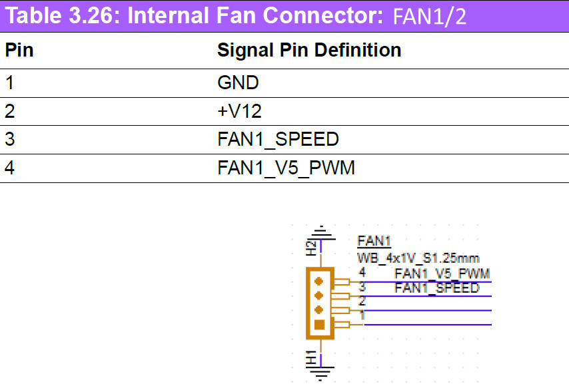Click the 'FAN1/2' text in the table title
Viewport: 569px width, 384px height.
pos(429,16)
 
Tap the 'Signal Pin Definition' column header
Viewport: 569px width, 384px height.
pos(309,50)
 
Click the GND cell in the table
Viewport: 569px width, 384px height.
pos(238,83)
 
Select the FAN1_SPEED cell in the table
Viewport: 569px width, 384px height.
pos(278,140)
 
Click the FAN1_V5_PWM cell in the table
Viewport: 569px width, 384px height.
pos(286,168)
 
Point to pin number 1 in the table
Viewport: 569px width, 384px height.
pos(9,83)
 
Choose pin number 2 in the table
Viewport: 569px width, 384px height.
pos(9,111)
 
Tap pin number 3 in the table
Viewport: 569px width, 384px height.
pos(9,140)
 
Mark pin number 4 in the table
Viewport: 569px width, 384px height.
pos(9,168)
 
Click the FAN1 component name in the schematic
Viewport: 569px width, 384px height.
pos(373,241)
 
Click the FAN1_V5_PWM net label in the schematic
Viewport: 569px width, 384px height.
pos(442,274)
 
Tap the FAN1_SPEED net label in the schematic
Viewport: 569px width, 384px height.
pos(436,288)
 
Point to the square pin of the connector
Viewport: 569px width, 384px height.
pos(319,325)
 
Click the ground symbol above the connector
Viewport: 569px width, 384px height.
pos(322,230)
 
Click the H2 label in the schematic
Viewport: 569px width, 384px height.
pos(311,248)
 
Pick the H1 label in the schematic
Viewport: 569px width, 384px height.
pos(311,357)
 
